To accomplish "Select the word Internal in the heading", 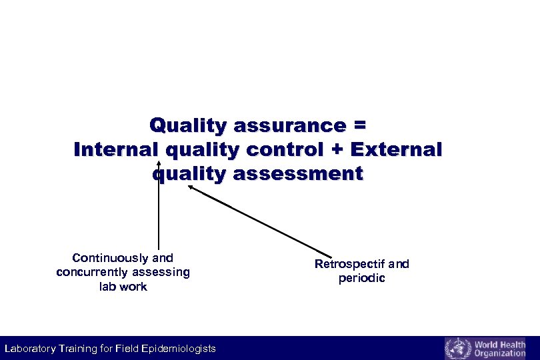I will [112, 150].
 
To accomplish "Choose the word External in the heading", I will [398, 150].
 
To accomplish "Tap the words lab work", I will [123, 287].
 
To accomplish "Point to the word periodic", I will [361, 278].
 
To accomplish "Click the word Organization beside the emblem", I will [500, 353].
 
